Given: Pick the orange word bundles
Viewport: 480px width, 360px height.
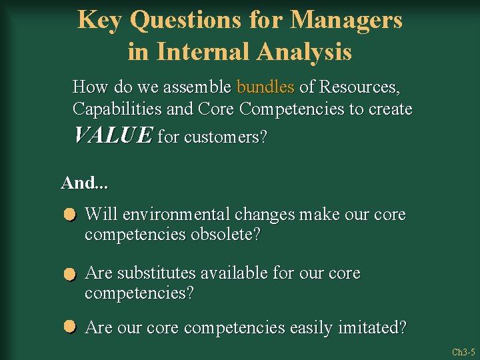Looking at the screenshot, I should tap(265, 87).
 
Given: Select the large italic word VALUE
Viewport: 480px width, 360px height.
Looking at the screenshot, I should tap(113, 135).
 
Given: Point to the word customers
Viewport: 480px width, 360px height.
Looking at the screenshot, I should tap(225, 137).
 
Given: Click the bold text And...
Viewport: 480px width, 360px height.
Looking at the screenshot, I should tap(75, 182).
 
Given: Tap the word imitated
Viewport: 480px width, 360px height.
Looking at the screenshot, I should tap(375, 328).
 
